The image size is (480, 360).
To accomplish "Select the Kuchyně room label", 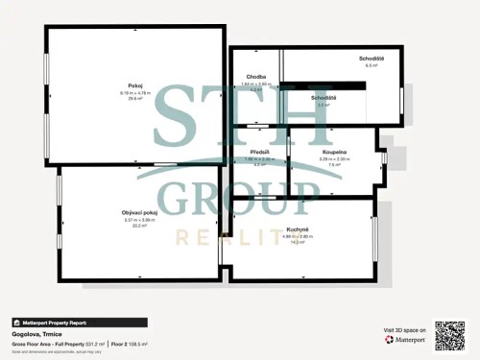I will tap(298, 228).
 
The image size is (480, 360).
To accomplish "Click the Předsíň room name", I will tap(259, 152).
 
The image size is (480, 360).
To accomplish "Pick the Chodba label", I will tap(256, 77).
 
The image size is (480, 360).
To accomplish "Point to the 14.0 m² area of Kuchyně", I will tap(298, 242).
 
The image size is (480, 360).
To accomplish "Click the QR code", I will tap(450, 334).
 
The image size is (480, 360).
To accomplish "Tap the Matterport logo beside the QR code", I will tap(405, 339).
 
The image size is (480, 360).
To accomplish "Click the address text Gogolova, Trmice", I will tap(35, 334).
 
